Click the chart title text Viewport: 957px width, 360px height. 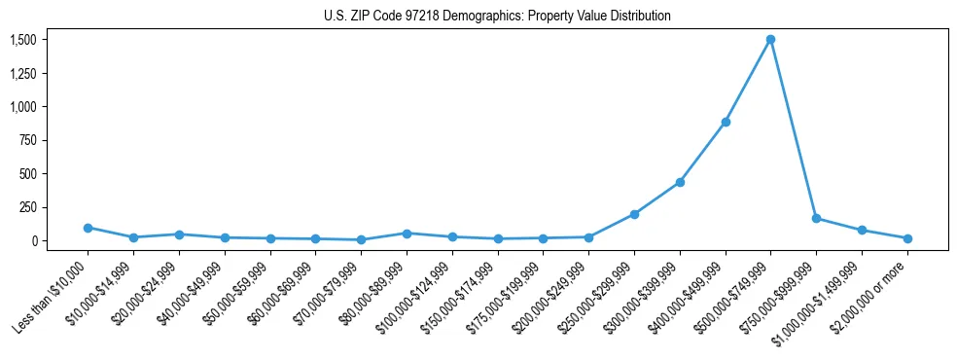point(497,17)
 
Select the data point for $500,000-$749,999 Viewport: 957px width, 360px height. point(770,40)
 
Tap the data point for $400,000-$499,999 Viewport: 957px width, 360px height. point(726,123)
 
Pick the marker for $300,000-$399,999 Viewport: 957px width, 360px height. point(680,182)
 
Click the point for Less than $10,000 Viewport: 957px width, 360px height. point(88,228)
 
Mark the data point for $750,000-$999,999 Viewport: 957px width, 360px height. point(816,218)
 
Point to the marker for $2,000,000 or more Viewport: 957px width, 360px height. point(907,238)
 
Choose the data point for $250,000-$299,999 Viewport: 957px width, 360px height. point(634,214)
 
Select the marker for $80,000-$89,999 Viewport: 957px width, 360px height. point(407,234)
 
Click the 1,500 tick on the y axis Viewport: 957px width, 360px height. point(23,40)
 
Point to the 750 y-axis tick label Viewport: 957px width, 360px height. point(28,140)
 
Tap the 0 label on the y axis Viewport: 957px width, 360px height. point(34,240)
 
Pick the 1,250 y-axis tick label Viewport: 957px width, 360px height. point(23,73)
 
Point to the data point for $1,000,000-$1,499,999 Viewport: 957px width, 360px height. point(862,231)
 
